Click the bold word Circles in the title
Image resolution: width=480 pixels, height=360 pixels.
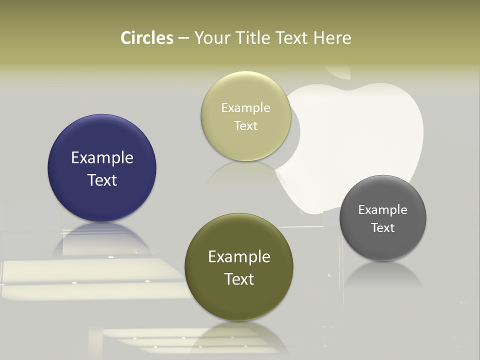click(147, 38)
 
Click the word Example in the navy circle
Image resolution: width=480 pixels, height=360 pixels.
click(102, 157)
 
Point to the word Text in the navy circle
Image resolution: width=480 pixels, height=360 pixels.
click(102, 180)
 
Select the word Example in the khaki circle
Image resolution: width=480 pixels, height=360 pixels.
click(246, 107)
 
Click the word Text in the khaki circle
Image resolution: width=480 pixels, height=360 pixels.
click(246, 125)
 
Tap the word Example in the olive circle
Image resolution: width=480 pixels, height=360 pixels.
click(239, 256)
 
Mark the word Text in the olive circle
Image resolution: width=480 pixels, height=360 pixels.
click(239, 279)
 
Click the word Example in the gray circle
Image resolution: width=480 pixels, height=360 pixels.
click(383, 209)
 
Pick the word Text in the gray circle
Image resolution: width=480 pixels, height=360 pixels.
click(383, 227)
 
